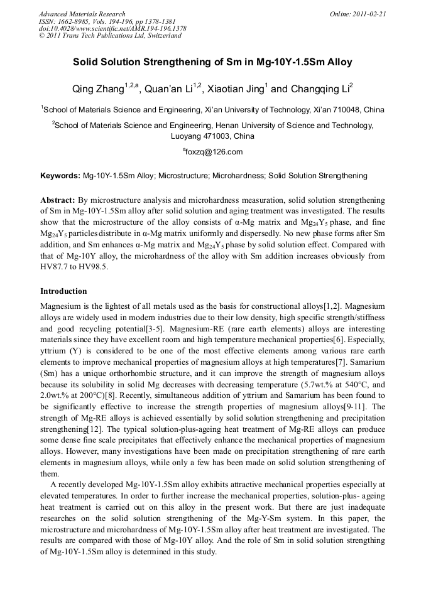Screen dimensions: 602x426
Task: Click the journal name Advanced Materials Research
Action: [x=82, y=14]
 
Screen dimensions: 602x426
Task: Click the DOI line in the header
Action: [x=112, y=28]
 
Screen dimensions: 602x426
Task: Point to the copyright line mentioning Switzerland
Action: [x=110, y=36]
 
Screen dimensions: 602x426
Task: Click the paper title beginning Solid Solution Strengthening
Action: [x=212, y=63]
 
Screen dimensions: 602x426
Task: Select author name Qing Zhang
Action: [x=98, y=90]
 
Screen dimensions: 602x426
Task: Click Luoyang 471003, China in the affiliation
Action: [x=212, y=136]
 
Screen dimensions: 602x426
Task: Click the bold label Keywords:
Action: [x=60, y=176]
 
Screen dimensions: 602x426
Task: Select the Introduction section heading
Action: [x=63, y=291]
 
